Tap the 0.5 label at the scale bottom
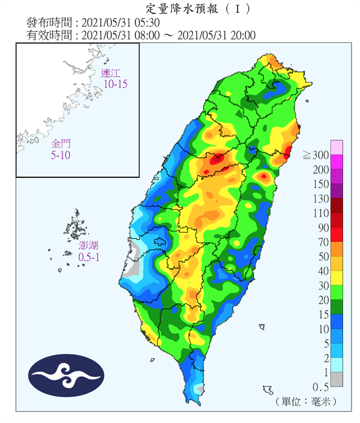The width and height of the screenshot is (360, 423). tap(320, 386)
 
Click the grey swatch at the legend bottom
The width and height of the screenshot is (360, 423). tap(336, 379)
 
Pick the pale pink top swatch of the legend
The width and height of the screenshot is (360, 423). tap(336, 147)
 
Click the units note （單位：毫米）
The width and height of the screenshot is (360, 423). tap(307, 402)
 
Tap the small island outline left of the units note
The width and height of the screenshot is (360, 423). tap(268, 390)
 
